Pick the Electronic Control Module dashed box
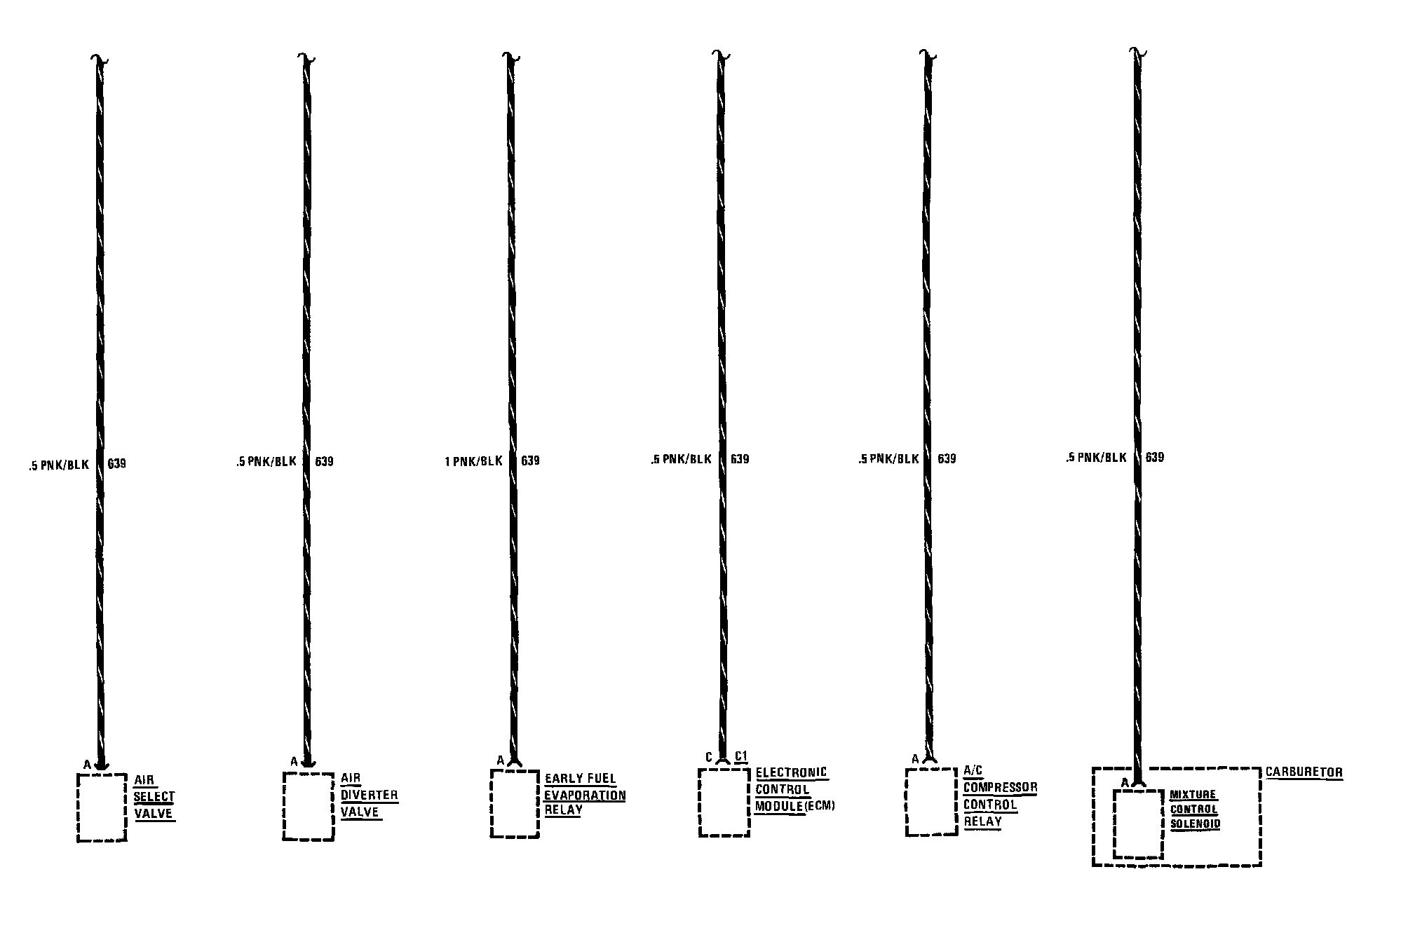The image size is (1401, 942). click(724, 802)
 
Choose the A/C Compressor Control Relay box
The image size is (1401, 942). click(931, 802)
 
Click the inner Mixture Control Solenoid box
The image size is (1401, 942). click(1137, 824)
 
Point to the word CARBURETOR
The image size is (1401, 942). click(1304, 772)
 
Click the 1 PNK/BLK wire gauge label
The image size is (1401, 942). click(474, 461)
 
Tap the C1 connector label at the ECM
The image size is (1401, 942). click(741, 757)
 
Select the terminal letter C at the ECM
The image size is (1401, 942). click(709, 757)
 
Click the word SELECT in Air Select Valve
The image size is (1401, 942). click(154, 797)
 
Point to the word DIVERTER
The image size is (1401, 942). click(369, 796)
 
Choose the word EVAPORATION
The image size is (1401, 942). click(585, 796)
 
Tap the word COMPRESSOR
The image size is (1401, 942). click(1000, 788)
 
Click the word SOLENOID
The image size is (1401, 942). click(1195, 824)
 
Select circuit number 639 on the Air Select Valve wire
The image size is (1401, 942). click(117, 463)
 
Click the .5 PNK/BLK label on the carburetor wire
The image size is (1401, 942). click(1096, 458)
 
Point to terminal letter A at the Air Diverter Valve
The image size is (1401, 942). click(293, 762)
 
